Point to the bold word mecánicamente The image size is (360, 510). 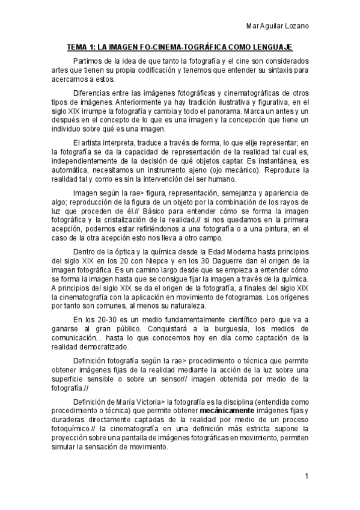(x=228, y=411)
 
